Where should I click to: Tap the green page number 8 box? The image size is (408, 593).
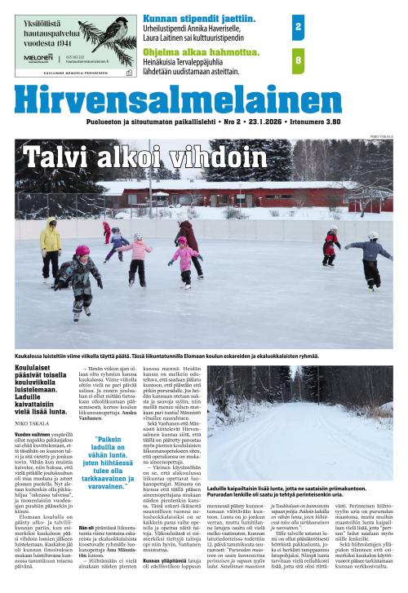click(x=298, y=60)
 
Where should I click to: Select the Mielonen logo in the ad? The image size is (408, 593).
click(x=36, y=58)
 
